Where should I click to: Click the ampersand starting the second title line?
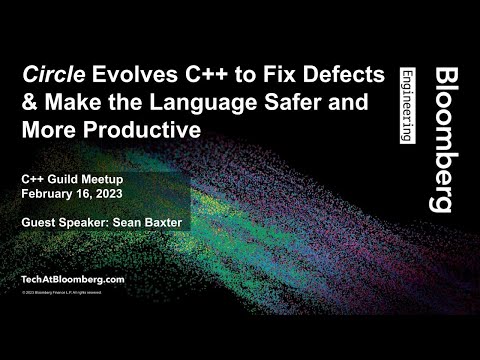pos(28,105)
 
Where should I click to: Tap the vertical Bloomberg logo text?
pos(438,140)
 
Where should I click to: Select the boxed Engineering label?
pos(406,106)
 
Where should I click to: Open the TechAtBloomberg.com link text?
pos(73,278)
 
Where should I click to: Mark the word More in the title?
pos(46,131)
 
